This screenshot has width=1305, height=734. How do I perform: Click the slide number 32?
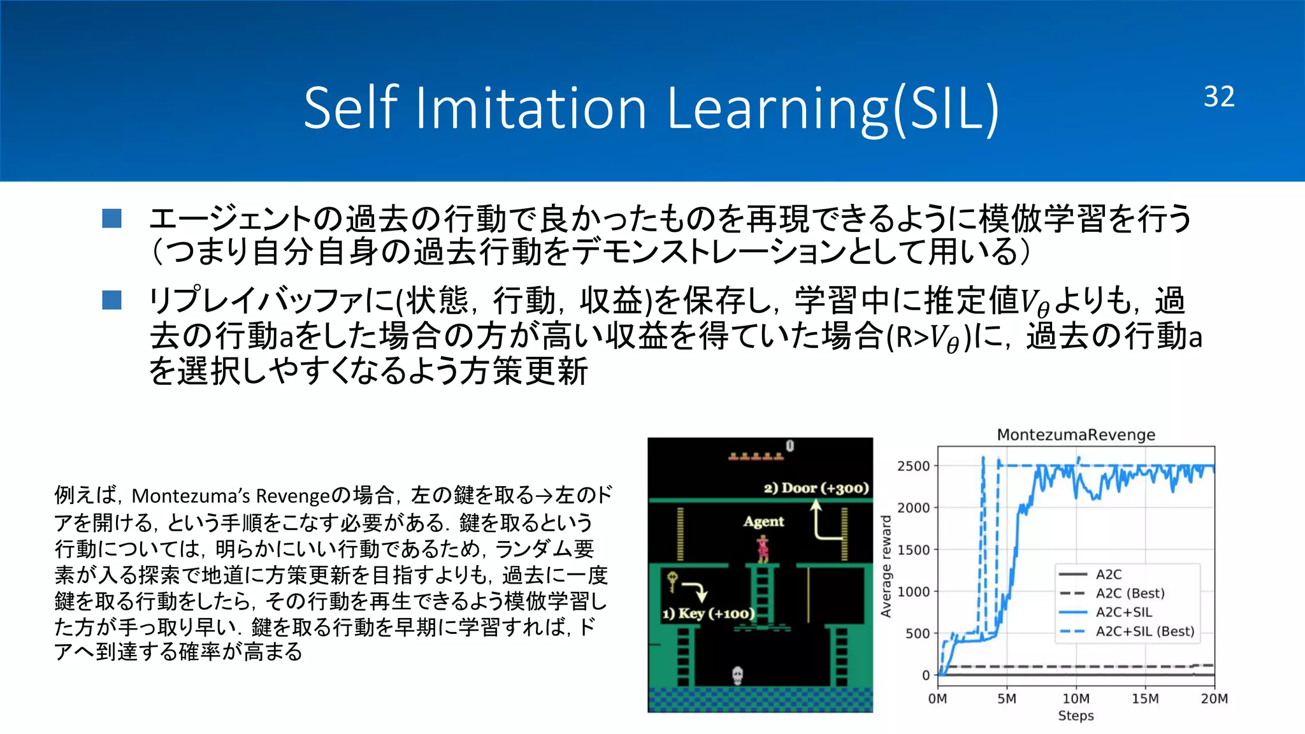[1218, 97]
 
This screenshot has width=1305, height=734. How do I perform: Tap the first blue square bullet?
[112, 219]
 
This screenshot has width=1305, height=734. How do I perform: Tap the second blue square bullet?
[112, 300]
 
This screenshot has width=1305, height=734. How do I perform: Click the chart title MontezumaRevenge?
[1076, 435]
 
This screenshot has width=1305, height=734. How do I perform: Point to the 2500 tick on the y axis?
[914, 466]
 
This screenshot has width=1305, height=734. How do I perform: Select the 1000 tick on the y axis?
[914, 591]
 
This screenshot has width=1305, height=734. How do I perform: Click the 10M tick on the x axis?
[1076, 698]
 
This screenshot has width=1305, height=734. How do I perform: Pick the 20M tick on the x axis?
[1214, 698]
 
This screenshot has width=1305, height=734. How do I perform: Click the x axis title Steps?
[1076, 716]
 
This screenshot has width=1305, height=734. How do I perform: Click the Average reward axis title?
[886, 566]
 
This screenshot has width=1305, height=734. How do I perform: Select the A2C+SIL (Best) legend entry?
[1144, 631]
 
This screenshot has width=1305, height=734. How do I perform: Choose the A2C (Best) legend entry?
[1129, 593]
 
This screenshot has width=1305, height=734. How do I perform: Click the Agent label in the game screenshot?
[763, 521]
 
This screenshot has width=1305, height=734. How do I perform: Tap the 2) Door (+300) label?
[816, 488]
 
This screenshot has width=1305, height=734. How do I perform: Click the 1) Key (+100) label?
[708, 614]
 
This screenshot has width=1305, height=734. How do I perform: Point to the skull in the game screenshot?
[737, 675]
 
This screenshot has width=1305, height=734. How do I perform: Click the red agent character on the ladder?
[763, 549]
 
